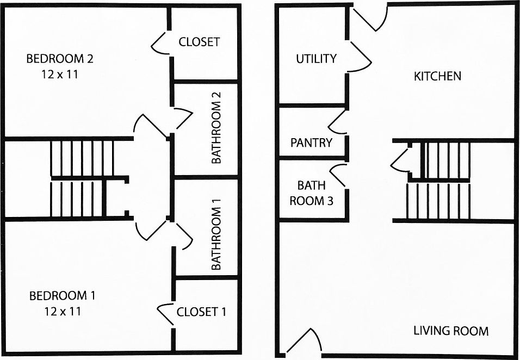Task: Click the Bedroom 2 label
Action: click(x=60, y=59)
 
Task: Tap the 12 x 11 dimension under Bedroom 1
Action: click(x=63, y=311)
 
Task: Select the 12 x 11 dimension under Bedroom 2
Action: click(x=60, y=75)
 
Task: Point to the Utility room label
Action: click(x=316, y=59)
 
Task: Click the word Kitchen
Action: click(x=437, y=76)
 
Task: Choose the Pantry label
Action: click(x=311, y=143)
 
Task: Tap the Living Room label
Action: click(x=451, y=331)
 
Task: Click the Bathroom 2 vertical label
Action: click(x=216, y=128)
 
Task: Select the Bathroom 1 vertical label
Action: click(x=216, y=234)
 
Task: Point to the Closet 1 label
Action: click(x=201, y=312)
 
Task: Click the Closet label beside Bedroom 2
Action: click(x=199, y=42)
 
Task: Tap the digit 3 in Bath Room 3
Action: click(x=330, y=201)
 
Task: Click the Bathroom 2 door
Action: click(x=183, y=118)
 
